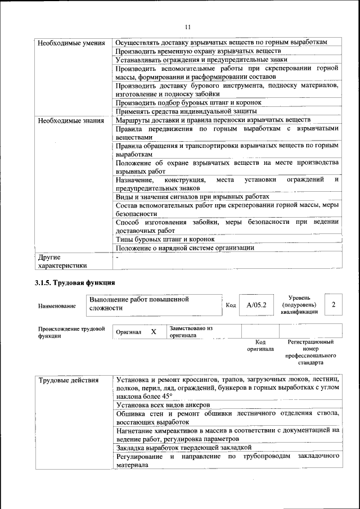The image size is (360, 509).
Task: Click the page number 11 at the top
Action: point(188,26)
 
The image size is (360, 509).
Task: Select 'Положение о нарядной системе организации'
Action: point(185,247)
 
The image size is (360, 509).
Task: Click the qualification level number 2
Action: point(334,304)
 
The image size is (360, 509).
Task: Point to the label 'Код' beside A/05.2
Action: point(231,305)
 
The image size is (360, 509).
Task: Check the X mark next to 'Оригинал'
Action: point(154,332)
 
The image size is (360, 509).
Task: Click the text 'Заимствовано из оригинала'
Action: point(191,331)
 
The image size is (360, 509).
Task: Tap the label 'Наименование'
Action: point(57,305)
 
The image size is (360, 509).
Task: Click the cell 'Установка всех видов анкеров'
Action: point(163,404)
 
